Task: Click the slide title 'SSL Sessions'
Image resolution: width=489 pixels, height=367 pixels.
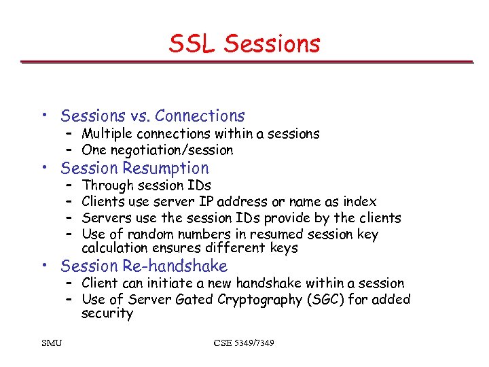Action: coord(244,44)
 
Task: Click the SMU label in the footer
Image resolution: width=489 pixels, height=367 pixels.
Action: coord(51,343)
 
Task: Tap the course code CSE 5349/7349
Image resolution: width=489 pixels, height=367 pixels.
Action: coord(244,343)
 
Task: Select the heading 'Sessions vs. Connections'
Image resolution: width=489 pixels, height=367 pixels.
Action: coord(152,116)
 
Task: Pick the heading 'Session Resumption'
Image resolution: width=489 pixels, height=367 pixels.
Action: coord(134,168)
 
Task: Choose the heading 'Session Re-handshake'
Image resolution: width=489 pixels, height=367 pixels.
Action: coord(144,266)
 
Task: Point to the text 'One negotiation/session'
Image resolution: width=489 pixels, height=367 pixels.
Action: coord(157,150)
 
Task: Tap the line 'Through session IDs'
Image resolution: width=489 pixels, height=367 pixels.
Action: coord(146,186)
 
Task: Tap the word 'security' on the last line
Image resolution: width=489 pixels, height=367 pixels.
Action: coord(107,314)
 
